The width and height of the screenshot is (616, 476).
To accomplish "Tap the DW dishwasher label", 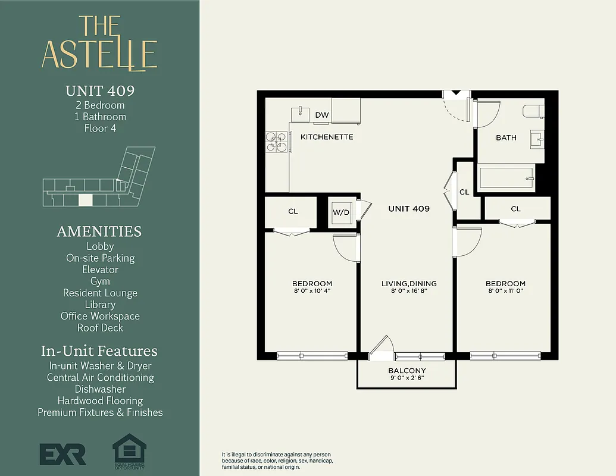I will click(322, 115).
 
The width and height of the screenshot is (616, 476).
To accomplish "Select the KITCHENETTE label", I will click(327, 137).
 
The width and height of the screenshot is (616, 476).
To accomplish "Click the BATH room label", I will click(506, 137).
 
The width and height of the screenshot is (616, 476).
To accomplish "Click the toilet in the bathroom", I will click(532, 111).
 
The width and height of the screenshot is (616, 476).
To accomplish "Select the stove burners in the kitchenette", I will click(277, 142).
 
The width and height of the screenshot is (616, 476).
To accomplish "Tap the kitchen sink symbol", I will click(301, 112).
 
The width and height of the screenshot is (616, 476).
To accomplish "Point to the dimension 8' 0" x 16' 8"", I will click(409, 291).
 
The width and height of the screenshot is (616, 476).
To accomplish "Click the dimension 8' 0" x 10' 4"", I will click(312, 291).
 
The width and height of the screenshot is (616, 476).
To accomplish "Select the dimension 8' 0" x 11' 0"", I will click(505, 291).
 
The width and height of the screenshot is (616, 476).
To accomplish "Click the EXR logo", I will click(62, 453).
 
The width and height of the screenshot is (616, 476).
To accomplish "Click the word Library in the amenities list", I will click(100, 305).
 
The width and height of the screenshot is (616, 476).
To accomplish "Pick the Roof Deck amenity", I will click(100, 328).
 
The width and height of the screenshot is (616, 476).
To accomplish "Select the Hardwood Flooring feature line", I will click(100, 400).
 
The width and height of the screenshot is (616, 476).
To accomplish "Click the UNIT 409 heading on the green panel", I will click(100, 91).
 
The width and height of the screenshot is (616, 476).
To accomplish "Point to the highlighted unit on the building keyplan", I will click(86, 200).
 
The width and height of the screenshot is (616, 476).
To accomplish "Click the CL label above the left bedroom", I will click(293, 211).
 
